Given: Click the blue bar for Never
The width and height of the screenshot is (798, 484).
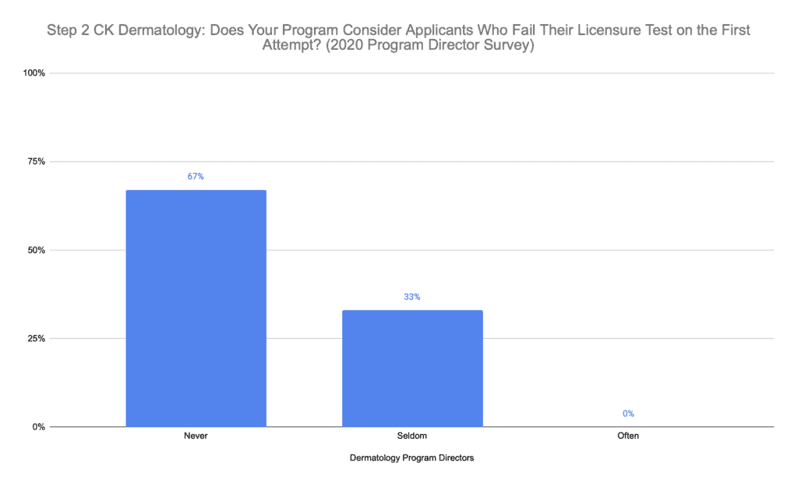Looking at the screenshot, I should [x=196, y=308].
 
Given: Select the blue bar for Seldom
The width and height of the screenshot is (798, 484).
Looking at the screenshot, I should [x=412, y=368].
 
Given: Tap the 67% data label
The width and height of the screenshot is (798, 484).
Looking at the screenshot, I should [x=196, y=176].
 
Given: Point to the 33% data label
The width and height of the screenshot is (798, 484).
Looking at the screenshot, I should [x=412, y=297].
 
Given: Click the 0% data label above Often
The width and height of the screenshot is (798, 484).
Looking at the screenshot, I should [x=628, y=414].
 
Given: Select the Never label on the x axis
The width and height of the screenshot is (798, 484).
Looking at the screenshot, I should [x=196, y=436].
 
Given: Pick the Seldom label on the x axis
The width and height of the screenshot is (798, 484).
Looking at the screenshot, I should [x=412, y=436].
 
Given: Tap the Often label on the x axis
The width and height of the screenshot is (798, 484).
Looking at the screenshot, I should [x=628, y=436].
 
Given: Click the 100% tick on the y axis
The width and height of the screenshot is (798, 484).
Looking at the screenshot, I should [x=35, y=73].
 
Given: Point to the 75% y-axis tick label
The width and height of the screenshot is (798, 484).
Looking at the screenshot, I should [x=37, y=162].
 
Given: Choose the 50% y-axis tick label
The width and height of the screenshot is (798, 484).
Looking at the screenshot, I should [x=37, y=250].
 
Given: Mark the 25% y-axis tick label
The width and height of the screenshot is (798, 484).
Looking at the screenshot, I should [x=37, y=339].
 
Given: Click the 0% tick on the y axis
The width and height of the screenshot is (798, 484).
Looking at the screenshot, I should [x=40, y=427].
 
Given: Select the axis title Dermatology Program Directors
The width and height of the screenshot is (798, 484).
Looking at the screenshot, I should [x=412, y=458].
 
